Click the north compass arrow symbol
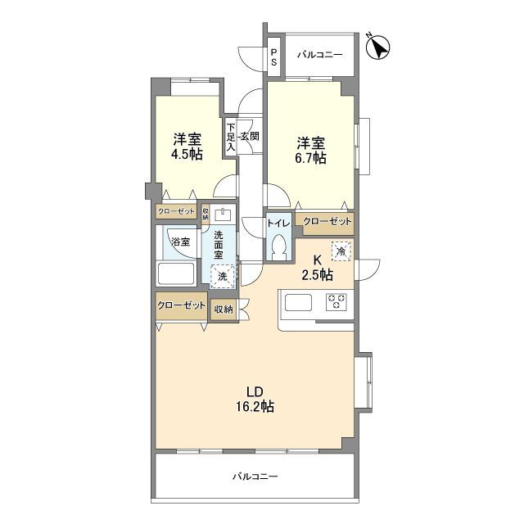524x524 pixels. click(x=378, y=47)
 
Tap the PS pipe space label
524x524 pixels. click(x=274, y=57)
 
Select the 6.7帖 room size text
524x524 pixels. click(x=310, y=158)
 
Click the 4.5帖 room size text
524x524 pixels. click(x=187, y=154)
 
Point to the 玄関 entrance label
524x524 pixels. click(x=250, y=136)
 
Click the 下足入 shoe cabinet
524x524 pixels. click(x=231, y=137)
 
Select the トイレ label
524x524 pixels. click(x=278, y=223)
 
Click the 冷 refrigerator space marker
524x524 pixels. click(x=341, y=251)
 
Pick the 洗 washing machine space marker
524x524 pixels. click(x=222, y=276)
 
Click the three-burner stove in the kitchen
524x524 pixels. click(x=337, y=302)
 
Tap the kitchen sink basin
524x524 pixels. click(x=298, y=302)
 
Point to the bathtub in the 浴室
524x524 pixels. click(x=176, y=274)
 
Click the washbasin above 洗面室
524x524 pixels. click(x=223, y=215)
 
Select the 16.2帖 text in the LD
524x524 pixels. click(x=255, y=407)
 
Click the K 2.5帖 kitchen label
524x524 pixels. click(x=317, y=268)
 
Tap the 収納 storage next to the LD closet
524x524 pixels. click(x=224, y=309)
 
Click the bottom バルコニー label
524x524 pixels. click(x=255, y=477)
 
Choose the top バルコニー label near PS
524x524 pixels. click(x=320, y=55)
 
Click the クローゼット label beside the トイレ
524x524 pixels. click(x=327, y=222)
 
